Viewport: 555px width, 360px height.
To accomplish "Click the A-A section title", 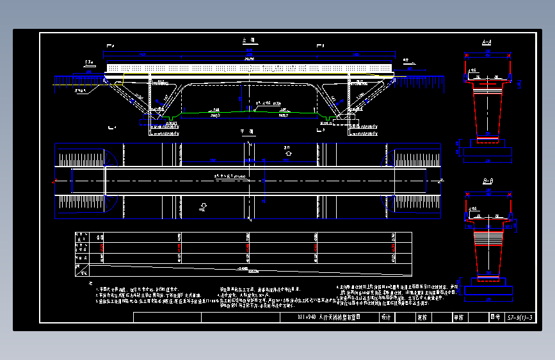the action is coord(487,42).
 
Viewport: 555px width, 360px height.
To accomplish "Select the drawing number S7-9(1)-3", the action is coord(519,317).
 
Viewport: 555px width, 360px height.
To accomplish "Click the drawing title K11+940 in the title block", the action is coord(325,317).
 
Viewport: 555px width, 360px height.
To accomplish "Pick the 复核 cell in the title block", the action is coord(421,317).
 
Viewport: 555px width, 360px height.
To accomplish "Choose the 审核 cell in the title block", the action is coord(458,317).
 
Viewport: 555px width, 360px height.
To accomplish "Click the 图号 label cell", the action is coord(494,317).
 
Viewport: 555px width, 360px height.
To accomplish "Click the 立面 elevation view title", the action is coord(248,40).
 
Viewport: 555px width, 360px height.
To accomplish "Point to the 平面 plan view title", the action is coord(248,131).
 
